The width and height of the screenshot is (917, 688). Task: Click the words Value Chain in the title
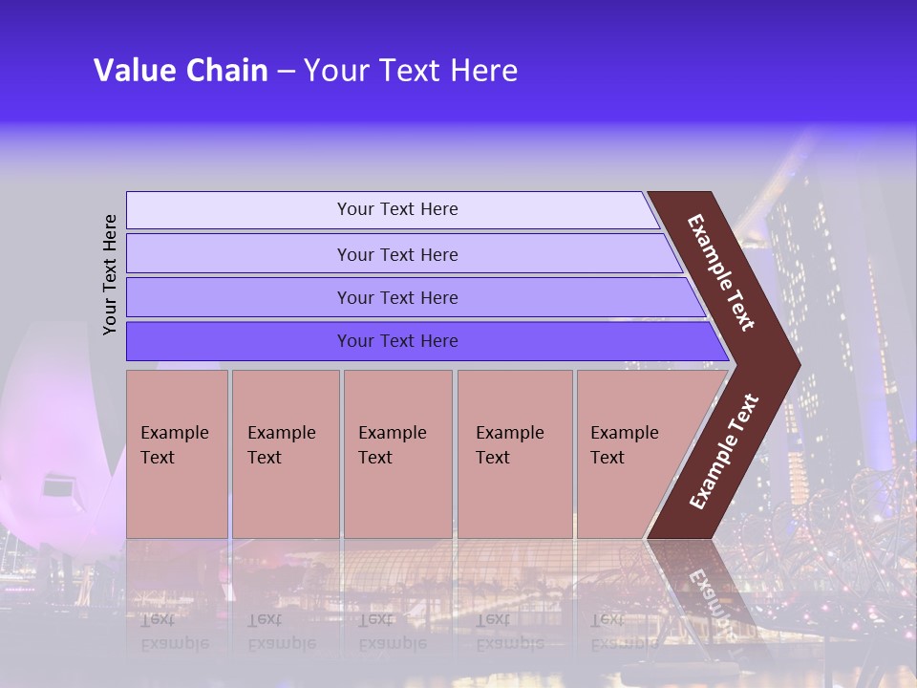181,71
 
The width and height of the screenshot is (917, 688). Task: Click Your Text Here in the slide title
411,71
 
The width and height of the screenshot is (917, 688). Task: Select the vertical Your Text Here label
110,274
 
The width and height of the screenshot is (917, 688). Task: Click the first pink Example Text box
177,454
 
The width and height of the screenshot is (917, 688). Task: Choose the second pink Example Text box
285,454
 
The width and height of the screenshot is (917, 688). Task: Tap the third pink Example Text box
397,454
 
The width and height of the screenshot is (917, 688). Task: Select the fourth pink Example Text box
514,454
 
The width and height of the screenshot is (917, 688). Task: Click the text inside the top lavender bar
397,209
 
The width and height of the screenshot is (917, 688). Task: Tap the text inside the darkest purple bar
397,341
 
